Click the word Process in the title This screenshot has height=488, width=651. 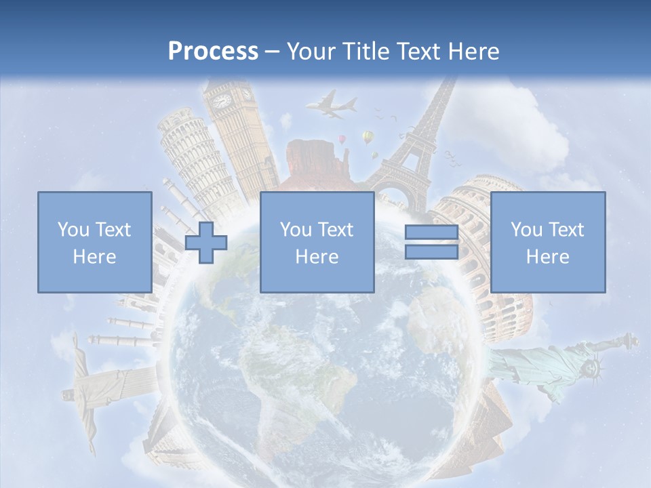(213, 51)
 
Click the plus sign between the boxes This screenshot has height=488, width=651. (206, 242)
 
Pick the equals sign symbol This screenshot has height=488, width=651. (431, 242)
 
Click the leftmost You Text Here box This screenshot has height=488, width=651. (94, 242)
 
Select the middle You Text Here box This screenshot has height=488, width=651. (317, 242)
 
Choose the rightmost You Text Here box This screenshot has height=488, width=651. (547, 242)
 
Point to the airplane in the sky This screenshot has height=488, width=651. (332, 106)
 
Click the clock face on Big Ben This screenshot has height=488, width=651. (222, 101)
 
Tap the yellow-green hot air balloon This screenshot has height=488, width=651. (368, 138)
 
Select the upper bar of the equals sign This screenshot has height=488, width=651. (431, 233)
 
